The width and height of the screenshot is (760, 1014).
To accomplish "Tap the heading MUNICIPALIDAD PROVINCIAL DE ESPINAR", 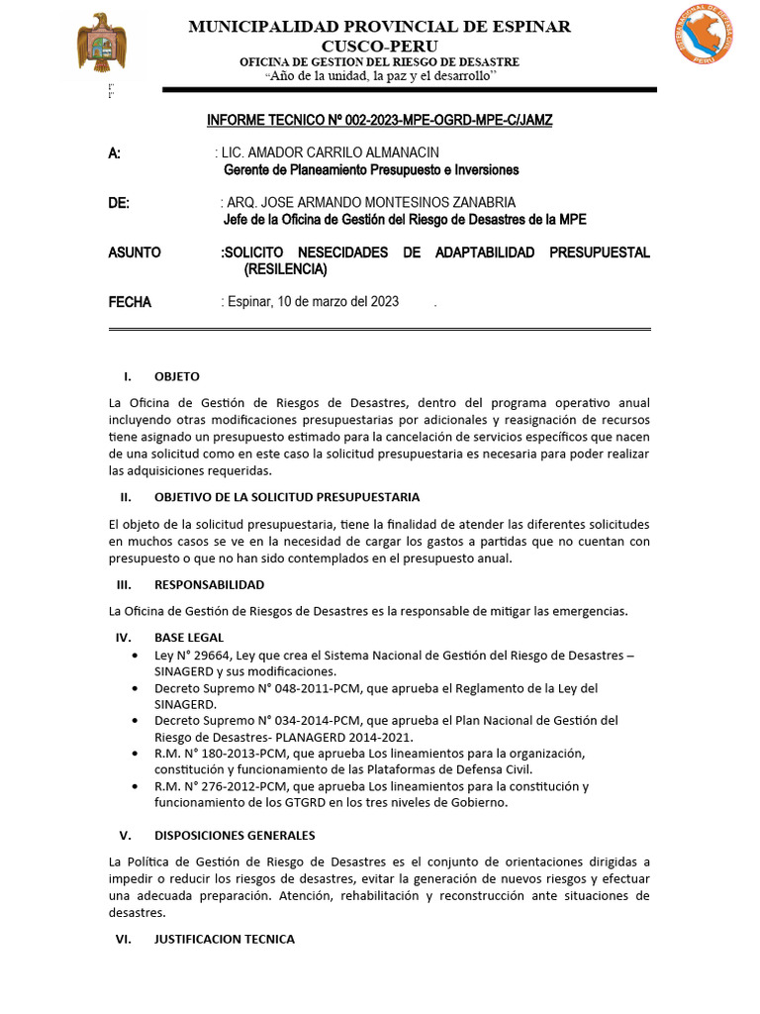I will point(380,27).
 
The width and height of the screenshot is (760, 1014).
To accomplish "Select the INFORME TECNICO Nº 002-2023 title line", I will point(379,120).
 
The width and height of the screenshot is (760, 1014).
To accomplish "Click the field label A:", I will point(114,152).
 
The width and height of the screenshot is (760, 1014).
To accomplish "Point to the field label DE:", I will point(119,203).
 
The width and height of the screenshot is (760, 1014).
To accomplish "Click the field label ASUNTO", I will point(134,253).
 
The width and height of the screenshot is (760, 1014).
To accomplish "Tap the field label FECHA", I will point(130,302).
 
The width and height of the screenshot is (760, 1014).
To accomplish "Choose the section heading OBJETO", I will point(177,376).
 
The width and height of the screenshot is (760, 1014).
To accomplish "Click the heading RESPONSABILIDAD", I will point(209,585).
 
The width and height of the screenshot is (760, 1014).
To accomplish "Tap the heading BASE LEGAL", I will point(189,637).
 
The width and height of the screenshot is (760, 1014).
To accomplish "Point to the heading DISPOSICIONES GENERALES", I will point(235,836).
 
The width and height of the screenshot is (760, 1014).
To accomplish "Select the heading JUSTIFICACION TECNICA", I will point(225,939).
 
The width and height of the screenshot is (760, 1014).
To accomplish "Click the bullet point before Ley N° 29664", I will point(134,656).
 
